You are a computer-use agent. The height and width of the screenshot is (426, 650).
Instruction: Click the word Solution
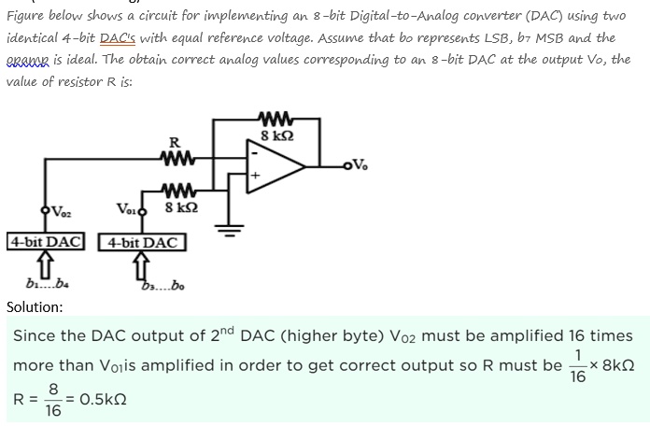pos(35,306)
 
